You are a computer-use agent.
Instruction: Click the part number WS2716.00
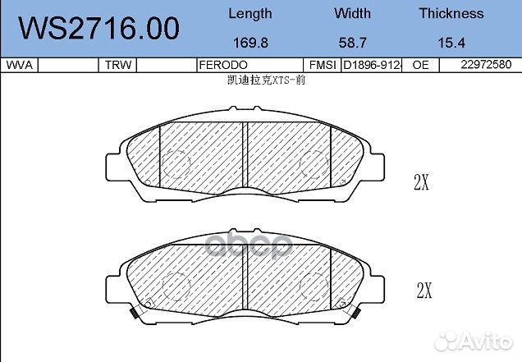pos(98,28)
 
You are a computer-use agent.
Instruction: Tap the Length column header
pos(250,14)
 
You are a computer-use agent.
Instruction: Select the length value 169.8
pos(250,43)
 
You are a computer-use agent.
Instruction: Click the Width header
pos(352,13)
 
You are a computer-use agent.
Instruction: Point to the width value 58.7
pos(353,43)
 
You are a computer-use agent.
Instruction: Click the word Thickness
pos(451,13)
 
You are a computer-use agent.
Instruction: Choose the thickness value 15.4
pos(451,43)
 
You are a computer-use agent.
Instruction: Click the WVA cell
pos(20,65)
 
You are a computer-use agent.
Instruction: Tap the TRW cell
pos(118,65)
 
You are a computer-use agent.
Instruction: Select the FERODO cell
pos(223,65)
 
